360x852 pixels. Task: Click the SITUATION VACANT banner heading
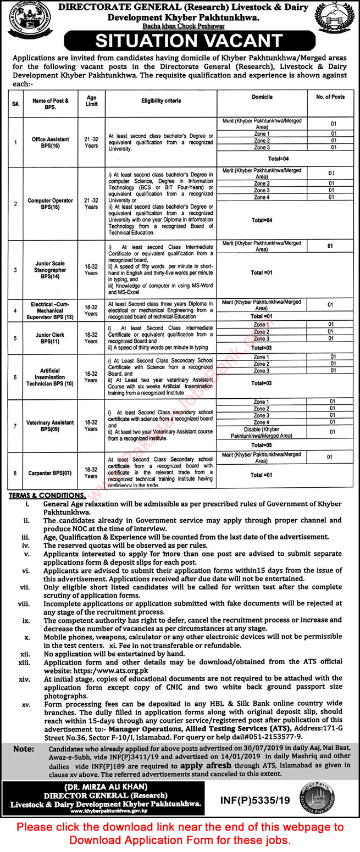[x=181, y=41]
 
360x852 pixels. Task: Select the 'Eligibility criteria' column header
[x=161, y=101]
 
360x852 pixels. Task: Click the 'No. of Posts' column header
[x=331, y=97]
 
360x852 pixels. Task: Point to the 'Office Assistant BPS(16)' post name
[x=50, y=142]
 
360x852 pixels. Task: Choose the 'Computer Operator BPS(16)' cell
[x=50, y=204]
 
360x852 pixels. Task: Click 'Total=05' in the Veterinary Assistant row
[x=262, y=446]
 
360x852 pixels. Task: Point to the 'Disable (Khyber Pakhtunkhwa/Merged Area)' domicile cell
[x=262, y=433]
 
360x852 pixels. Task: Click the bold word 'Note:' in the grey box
[x=23, y=748]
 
